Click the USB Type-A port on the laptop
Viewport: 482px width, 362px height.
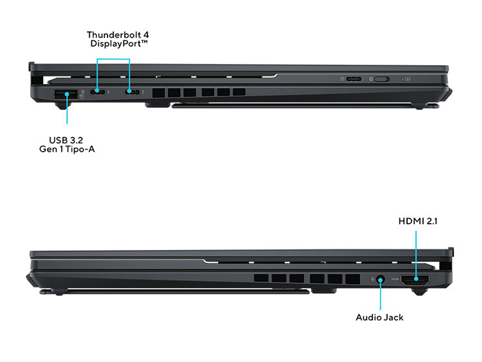click(x=66, y=94)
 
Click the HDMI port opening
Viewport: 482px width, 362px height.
click(x=415, y=279)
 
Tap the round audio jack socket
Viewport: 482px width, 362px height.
click(x=381, y=280)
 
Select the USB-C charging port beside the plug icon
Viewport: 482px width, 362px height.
click(x=354, y=79)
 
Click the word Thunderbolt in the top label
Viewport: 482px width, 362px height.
click(x=114, y=35)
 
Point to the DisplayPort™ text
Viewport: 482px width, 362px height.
click(x=119, y=44)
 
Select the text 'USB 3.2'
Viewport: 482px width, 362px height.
click(x=66, y=141)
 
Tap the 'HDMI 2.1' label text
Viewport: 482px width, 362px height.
click(x=418, y=221)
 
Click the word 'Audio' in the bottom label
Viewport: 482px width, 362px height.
click(x=367, y=318)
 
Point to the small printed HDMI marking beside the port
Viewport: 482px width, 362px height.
click(x=395, y=279)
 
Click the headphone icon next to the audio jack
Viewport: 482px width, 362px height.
click(x=372, y=279)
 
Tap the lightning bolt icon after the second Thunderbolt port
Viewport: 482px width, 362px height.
click(x=143, y=92)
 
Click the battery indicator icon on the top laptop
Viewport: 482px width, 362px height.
click(x=407, y=79)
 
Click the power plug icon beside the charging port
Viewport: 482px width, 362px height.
click(x=342, y=79)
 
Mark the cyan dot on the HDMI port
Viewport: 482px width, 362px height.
click(x=416, y=279)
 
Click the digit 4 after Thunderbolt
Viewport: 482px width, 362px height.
click(x=146, y=35)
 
